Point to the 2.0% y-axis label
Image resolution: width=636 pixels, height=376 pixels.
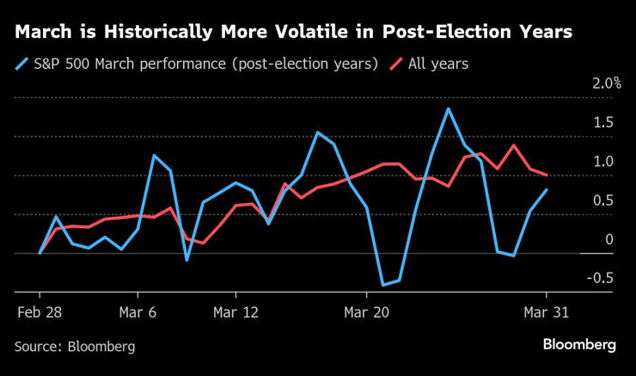(604, 83)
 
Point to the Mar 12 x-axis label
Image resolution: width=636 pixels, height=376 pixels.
(235, 312)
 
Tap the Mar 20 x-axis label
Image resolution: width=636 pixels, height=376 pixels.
(366, 312)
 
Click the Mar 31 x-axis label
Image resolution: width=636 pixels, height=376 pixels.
(546, 312)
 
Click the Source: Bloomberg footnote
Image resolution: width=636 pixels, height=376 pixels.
(75, 346)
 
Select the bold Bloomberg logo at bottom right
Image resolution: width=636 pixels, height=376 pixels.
(578, 344)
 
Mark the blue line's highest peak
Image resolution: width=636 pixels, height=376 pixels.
(448, 108)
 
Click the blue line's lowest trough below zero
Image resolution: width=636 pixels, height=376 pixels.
(382, 285)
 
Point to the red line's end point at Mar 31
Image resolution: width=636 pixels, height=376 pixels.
(547, 175)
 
